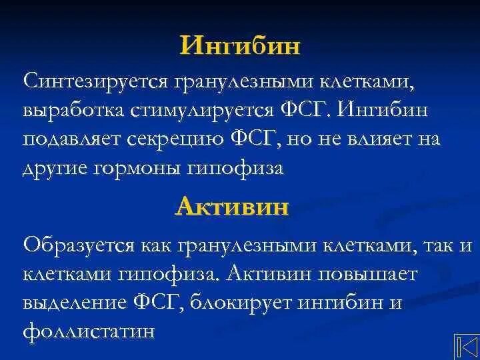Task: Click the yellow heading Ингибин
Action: click(240, 46)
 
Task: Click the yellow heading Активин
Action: click(232, 207)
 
